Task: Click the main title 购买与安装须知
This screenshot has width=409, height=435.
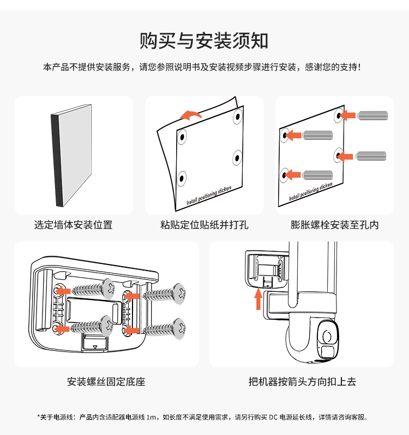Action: [204, 40]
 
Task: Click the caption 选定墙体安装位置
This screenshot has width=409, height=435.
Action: [74, 225]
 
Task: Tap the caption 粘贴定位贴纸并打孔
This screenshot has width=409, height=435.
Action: [204, 225]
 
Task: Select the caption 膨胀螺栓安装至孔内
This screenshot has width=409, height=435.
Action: [334, 225]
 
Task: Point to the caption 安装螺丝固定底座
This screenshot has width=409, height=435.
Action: [106, 381]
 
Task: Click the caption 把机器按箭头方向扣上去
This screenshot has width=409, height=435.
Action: [302, 381]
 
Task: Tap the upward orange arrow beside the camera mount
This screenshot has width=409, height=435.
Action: [259, 299]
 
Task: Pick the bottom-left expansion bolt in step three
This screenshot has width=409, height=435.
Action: [317, 175]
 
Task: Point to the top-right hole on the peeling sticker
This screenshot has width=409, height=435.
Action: [237, 116]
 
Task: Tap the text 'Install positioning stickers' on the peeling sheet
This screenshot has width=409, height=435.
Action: [209, 195]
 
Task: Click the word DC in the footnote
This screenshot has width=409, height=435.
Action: [272, 418]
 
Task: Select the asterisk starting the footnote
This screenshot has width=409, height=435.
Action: [39, 417]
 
